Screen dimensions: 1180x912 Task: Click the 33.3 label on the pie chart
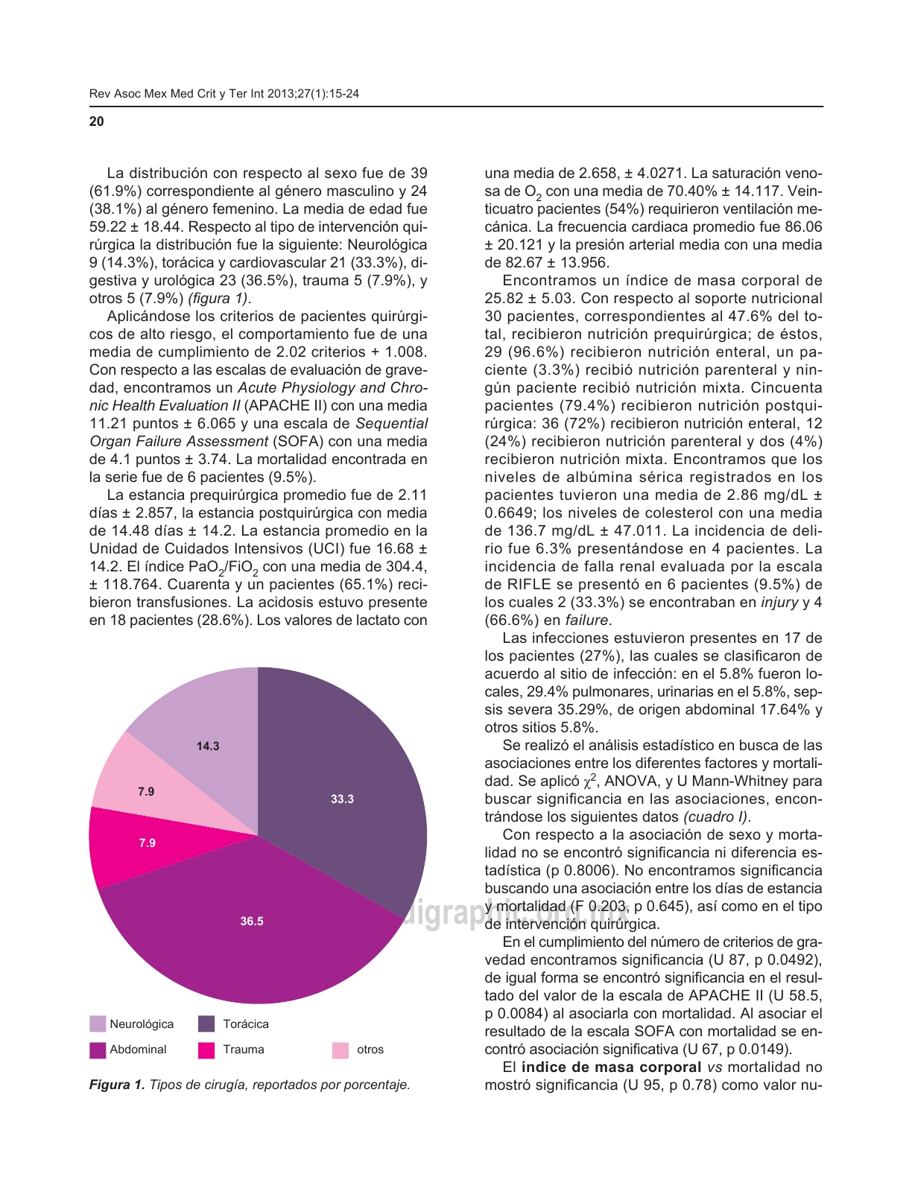[342, 799]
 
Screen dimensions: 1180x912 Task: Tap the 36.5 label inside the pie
[252, 922]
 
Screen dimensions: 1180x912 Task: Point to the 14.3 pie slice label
[208, 746]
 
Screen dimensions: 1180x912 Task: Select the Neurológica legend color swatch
[98, 1024]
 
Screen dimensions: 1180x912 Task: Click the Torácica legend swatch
[206, 1024]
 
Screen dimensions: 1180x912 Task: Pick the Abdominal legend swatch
[98, 1050]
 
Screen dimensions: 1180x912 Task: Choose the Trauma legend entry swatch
[206, 1050]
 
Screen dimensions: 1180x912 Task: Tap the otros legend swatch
[340, 1050]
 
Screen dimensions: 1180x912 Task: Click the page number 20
[97, 121]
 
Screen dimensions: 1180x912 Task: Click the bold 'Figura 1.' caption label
[117, 1085]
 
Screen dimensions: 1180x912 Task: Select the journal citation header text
[224, 94]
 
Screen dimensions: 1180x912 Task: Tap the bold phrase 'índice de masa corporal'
[611, 1067]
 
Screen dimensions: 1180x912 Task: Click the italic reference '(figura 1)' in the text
[219, 298]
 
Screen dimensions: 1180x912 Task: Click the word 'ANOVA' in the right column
[631, 781]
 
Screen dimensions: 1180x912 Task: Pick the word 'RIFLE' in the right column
[507, 584]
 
